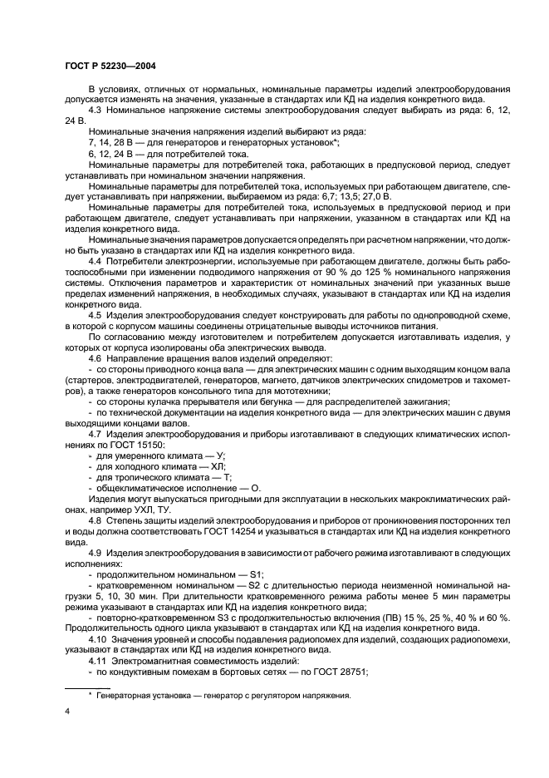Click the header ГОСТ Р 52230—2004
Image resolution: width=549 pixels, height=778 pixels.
pos(110,64)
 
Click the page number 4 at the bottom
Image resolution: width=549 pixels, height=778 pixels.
pos(66,712)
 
